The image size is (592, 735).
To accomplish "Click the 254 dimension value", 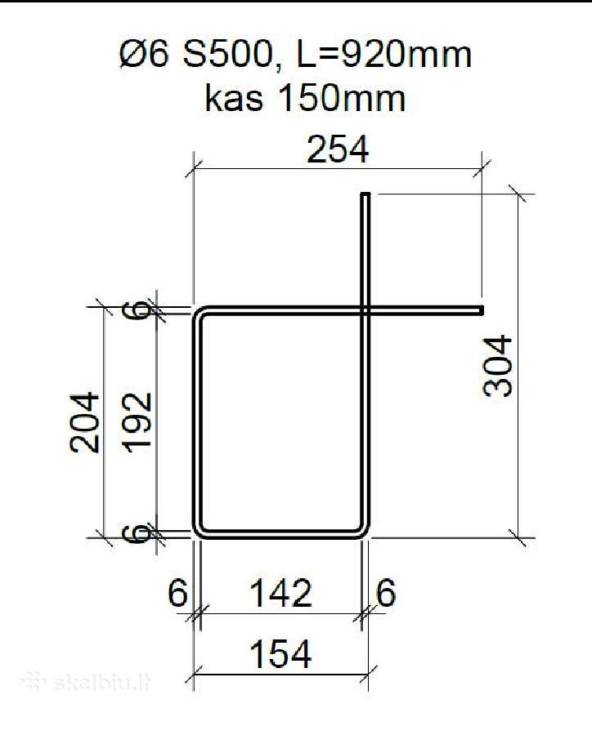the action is (338, 149).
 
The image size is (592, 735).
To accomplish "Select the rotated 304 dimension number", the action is (498, 366).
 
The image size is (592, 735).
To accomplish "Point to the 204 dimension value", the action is (85, 422).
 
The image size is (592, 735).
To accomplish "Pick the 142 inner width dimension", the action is (280, 593).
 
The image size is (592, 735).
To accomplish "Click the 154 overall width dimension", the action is (280, 653).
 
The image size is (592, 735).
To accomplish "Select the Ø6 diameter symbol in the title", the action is (144, 55).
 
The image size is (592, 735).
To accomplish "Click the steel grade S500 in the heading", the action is (227, 55).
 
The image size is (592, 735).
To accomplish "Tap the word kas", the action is (234, 98).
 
